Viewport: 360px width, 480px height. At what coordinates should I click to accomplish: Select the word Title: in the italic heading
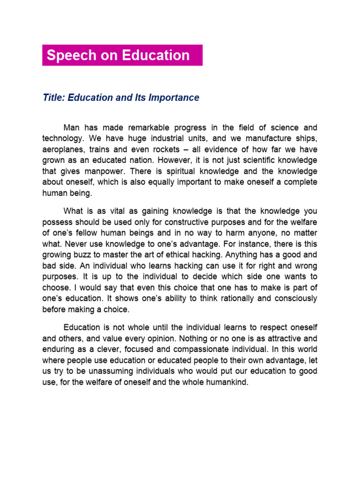pyautogui.click(x=54, y=98)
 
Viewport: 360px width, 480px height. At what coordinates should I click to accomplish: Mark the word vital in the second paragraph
pyautogui.click(x=123, y=211)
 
